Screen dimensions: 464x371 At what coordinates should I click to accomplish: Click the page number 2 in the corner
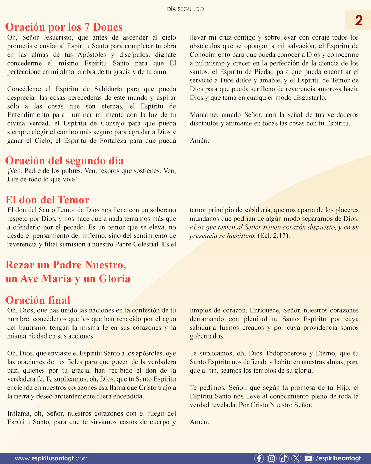tap(359, 21)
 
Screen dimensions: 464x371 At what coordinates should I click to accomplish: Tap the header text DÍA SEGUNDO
tap(185, 9)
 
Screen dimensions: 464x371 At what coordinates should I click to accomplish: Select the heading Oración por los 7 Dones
tap(64, 27)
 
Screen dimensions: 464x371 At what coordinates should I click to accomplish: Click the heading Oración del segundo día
tap(64, 161)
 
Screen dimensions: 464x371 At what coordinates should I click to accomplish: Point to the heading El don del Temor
tap(47, 200)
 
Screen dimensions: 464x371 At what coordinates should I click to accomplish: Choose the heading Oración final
tap(38, 300)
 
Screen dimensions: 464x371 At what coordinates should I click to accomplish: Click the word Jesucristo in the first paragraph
tap(58, 37)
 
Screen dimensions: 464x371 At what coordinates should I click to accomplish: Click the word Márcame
tap(204, 115)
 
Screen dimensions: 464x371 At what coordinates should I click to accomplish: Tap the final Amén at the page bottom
tap(199, 422)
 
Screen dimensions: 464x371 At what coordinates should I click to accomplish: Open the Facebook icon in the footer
tap(259, 458)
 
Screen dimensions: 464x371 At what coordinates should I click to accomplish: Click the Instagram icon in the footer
tap(271, 458)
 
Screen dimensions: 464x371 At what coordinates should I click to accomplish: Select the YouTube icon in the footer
tap(308, 458)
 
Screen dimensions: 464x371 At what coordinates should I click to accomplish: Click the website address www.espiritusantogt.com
tap(52, 458)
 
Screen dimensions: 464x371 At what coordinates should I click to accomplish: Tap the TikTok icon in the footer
tap(284, 458)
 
